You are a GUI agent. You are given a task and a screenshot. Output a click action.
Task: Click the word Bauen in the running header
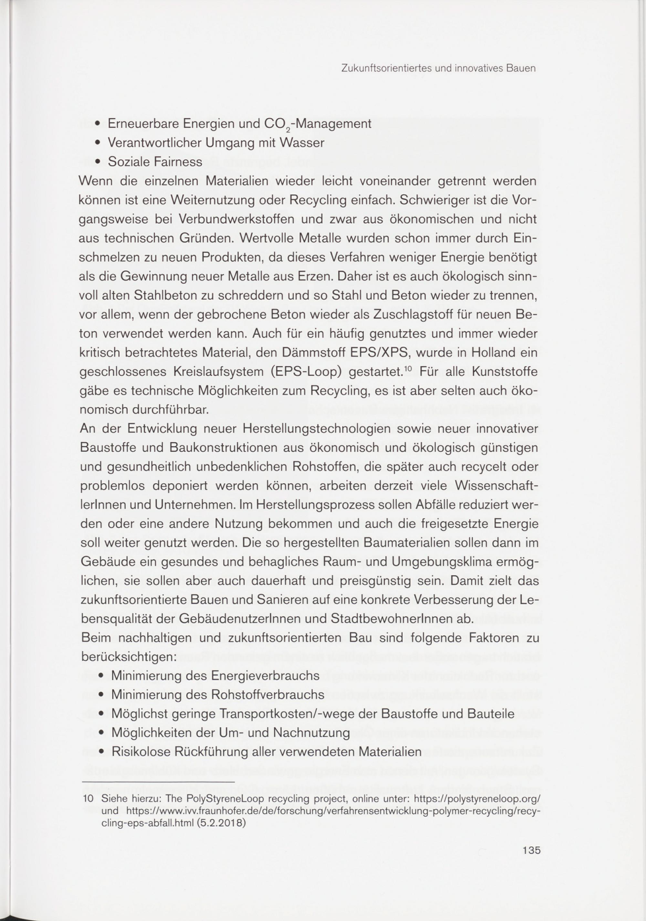(x=521, y=69)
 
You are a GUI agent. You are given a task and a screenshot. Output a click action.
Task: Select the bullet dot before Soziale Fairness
(x=98, y=162)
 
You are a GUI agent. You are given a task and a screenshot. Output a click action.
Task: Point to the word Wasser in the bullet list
(x=303, y=143)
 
